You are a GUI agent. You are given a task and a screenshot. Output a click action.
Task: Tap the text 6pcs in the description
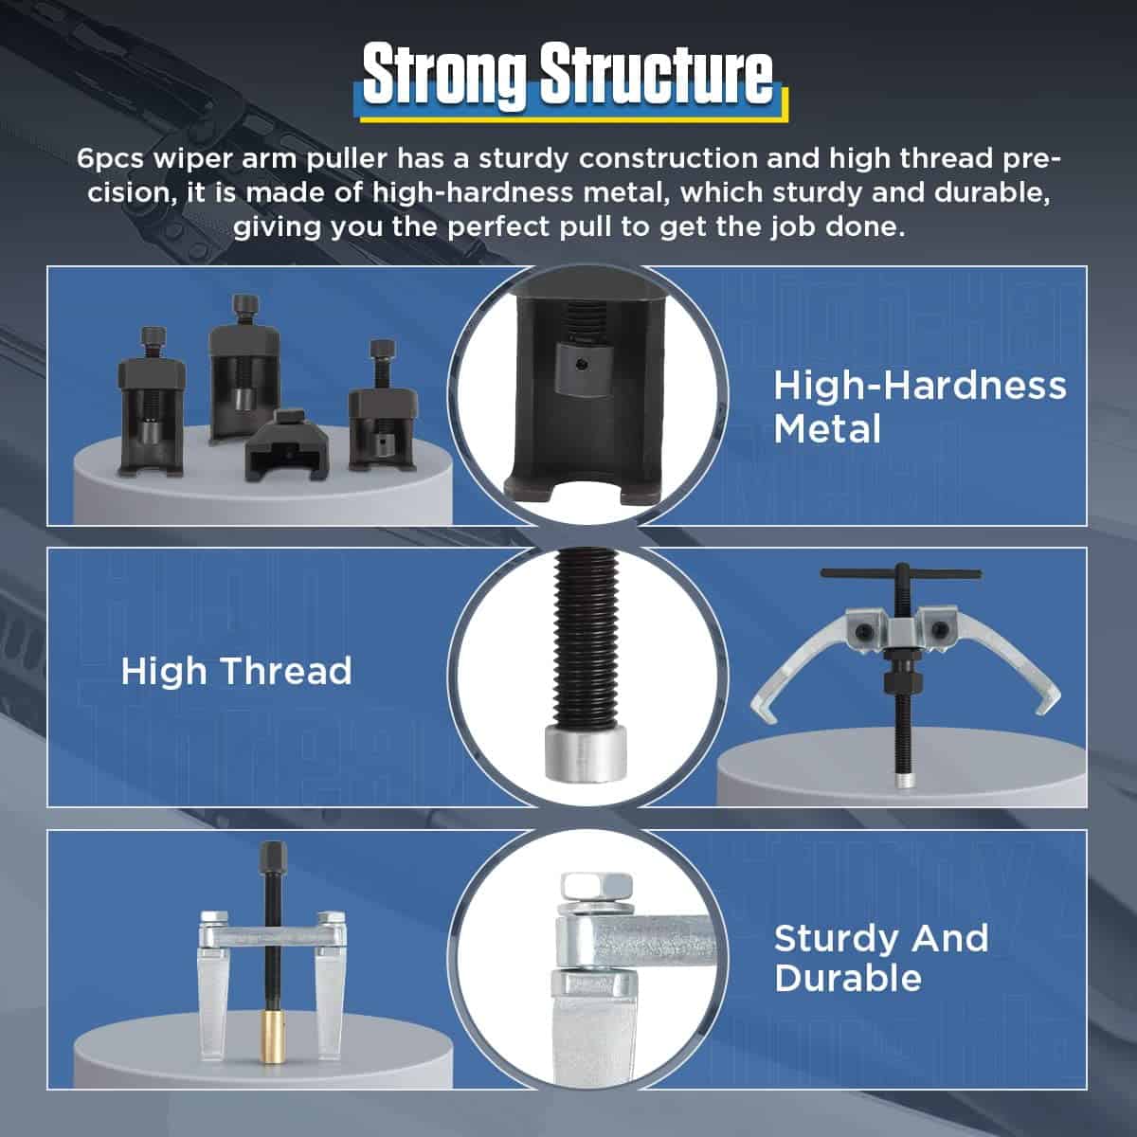tap(110, 160)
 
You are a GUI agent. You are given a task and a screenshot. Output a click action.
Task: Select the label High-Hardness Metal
tap(919, 407)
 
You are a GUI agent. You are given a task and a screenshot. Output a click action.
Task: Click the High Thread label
tap(236, 672)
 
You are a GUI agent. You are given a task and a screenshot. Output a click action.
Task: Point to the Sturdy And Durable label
tap(881, 958)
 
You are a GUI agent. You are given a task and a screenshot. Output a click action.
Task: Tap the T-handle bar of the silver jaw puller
tap(901, 573)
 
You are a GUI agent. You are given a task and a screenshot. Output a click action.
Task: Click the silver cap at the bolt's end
tap(586, 753)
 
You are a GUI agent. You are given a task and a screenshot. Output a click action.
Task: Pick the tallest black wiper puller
tap(244, 369)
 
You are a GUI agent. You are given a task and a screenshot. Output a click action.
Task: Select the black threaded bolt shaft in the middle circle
tap(587, 638)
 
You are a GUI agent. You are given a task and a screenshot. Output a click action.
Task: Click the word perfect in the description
tap(497, 227)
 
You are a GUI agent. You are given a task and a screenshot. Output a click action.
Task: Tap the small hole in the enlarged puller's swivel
tap(583, 365)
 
